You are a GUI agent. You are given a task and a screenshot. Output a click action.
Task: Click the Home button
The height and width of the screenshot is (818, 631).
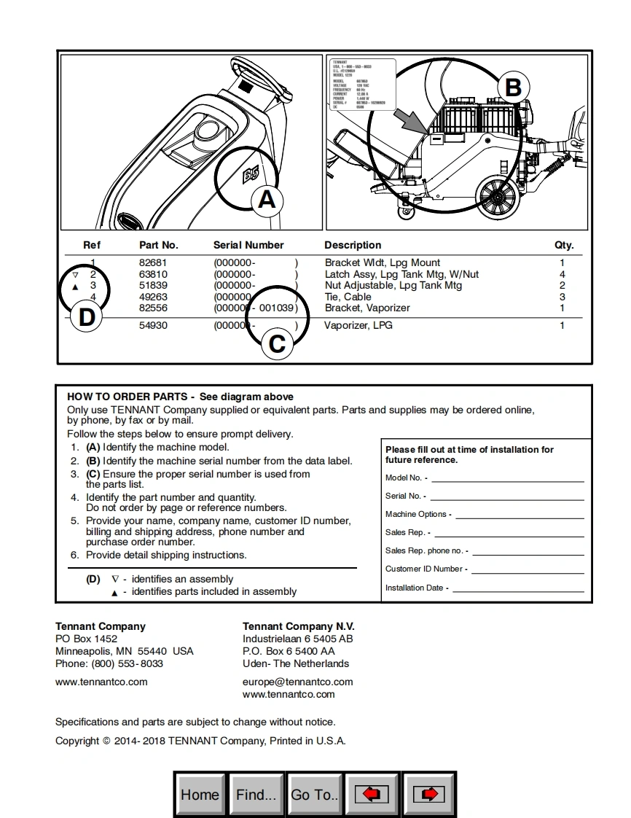[x=200, y=794]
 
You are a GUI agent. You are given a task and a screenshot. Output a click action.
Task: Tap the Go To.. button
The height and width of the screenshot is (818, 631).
[x=314, y=794]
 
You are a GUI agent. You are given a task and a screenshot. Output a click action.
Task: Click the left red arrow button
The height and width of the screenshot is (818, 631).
[x=372, y=794]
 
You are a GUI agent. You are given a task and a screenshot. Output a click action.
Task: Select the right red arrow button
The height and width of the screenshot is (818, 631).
[x=429, y=794]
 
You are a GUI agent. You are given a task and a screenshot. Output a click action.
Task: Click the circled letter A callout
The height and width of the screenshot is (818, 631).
[x=267, y=199]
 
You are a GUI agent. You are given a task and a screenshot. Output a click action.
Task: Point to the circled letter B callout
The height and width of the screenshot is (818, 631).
[x=513, y=87]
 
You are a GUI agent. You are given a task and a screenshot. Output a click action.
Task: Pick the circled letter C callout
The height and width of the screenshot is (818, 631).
[x=278, y=343]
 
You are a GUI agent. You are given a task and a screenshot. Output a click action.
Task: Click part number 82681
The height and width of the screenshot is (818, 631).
[x=153, y=262]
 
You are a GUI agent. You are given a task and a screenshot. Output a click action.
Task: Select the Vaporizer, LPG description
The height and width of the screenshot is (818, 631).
[x=358, y=325]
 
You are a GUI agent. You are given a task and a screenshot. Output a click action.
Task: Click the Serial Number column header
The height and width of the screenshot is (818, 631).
[x=248, y=245]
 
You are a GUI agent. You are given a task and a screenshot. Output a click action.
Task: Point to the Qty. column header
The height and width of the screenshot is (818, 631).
[x=563, y=245]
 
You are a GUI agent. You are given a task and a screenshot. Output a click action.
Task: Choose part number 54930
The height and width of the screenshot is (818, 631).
[x=153, y=325]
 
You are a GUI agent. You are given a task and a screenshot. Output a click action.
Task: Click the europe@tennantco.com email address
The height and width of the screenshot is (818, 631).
[x=297, y=682]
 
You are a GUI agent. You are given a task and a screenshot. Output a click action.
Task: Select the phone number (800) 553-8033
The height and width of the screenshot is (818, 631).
[x=127, y=663]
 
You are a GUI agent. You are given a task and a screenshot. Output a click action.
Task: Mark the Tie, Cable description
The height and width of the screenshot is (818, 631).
[x=348, y=297]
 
